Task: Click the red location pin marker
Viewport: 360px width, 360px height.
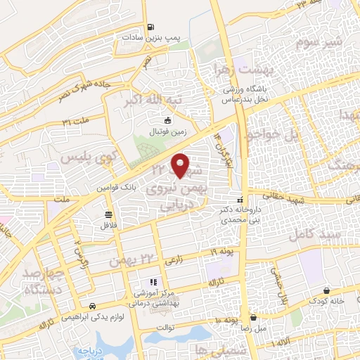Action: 181,165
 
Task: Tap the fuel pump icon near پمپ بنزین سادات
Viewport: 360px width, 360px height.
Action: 150,28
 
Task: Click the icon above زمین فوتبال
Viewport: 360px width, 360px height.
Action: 167,121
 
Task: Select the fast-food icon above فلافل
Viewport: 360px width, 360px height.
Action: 108,215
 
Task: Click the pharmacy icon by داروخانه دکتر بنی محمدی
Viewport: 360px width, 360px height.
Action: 241,200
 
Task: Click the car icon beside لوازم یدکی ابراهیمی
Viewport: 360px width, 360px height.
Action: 93,306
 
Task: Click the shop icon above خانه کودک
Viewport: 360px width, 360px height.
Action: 327,290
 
